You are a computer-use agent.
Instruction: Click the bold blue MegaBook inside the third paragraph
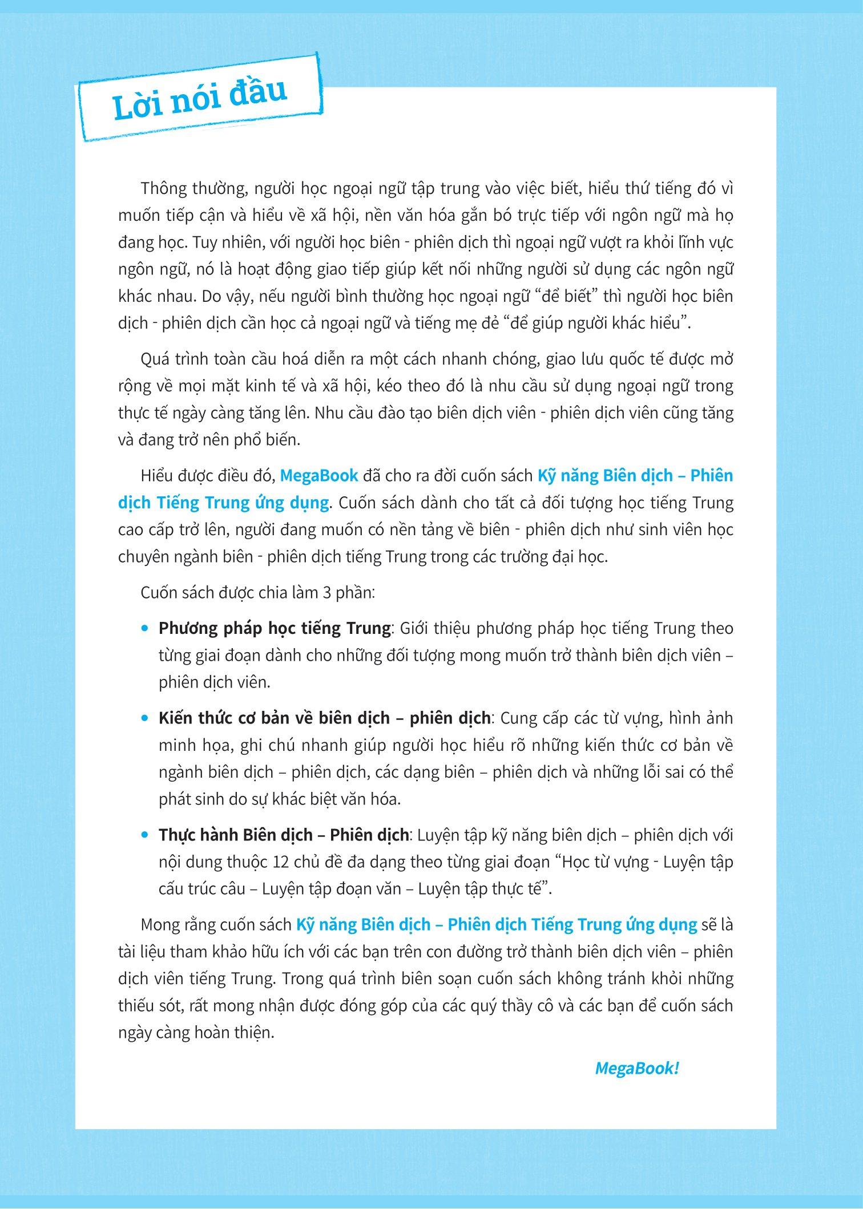tap(320, 476)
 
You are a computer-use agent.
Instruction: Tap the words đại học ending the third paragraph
tap(583, 557)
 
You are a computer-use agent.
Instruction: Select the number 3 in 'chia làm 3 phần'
tap(327, 593)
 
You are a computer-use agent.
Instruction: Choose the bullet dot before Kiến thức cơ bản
tap(145, 718)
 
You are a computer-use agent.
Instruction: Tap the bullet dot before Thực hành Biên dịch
tap(145, 835)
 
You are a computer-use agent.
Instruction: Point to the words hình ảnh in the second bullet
tap(704, 718)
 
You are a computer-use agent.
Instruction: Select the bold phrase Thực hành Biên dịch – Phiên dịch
tap(284, 835)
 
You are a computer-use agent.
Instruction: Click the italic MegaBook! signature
tap(636, 1069)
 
